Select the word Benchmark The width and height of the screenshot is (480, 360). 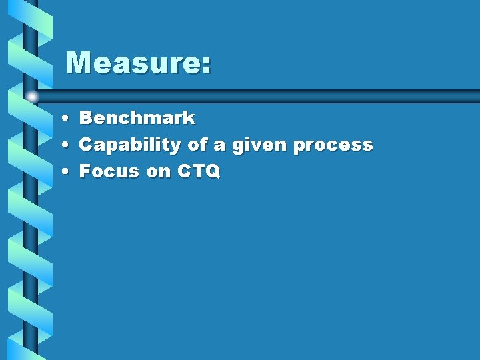(137, 119)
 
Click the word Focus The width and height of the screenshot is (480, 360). (109, 171)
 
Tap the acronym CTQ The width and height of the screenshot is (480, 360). (199, 171)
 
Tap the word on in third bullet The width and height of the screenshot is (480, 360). (159, 172)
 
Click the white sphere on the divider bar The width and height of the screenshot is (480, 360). (31, 97)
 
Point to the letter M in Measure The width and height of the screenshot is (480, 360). (79, 63)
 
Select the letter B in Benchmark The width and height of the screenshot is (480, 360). (87, 119)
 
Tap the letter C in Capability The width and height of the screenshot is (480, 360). (87, 145)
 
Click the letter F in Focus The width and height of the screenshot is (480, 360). (86, 171)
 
